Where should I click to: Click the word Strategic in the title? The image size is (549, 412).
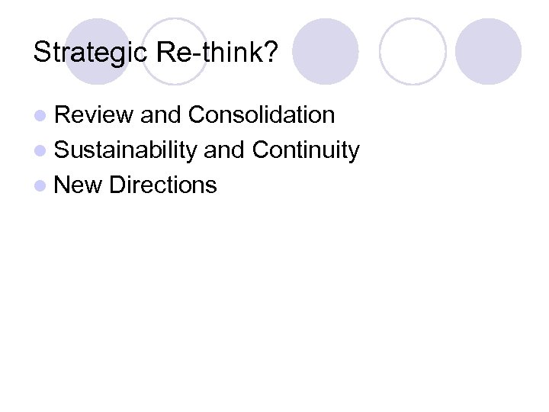91,53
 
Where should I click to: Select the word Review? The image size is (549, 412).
95,115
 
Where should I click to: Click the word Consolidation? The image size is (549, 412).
261,115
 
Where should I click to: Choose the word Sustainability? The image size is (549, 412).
126,150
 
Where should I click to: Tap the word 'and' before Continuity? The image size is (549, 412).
224,150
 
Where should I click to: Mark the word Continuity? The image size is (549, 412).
305,150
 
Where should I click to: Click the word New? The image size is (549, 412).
79,185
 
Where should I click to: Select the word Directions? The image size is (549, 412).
163,185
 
